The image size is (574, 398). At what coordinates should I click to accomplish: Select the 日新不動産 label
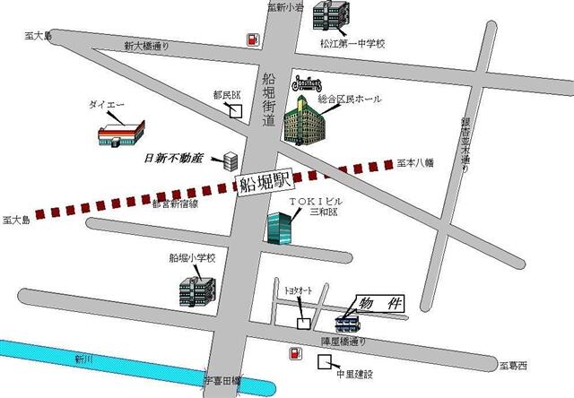tap(174, 159)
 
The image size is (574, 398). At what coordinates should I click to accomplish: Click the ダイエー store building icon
tap(121, 133)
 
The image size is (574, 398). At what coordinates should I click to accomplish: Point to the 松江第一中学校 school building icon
tap(332, 17)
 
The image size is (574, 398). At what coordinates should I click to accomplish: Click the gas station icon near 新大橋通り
tap(253, 39)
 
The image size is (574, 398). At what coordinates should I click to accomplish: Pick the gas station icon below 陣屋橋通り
tap(294, 355)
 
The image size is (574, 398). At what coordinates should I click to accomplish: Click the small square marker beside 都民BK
tap(236, 111)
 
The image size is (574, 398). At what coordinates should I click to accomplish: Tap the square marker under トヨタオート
tap(305, 321)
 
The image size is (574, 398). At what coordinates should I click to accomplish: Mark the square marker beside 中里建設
tap(324, 363)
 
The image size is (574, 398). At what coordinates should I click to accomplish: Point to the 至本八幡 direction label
tap(415, 163)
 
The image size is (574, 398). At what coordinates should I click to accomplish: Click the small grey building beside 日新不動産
tap(230, 160)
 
